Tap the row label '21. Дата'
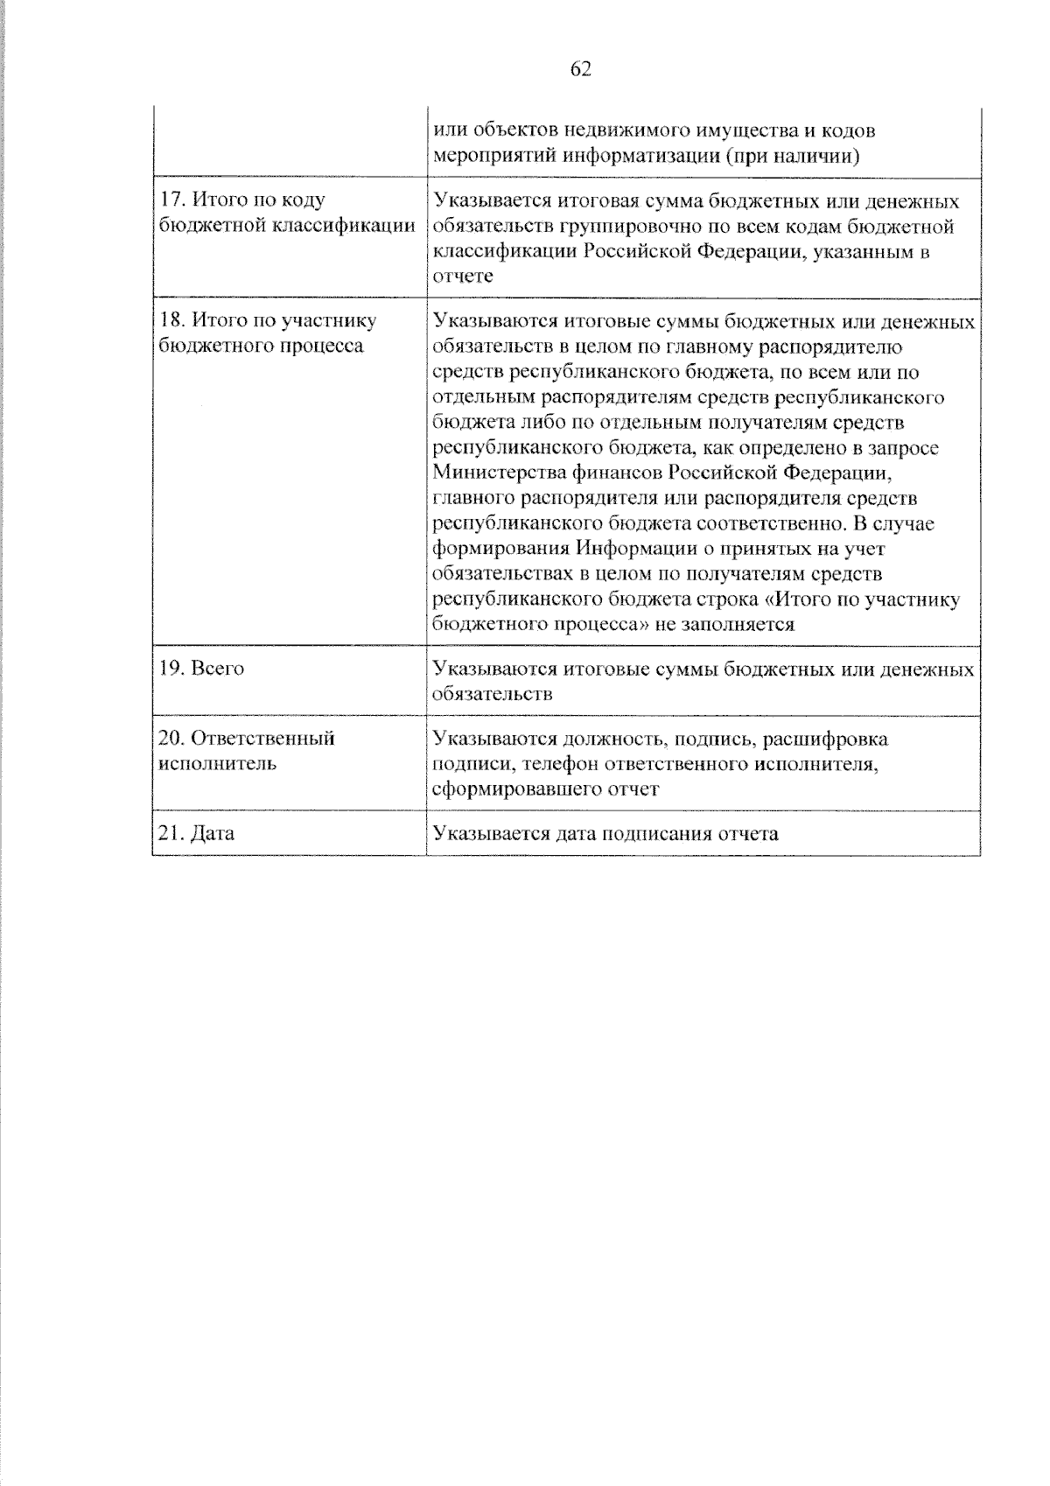(x=197, y=833)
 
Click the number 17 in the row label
(x=169, y=200)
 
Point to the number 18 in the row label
(x=169, y=320)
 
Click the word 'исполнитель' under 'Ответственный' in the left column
(x=218, y=763)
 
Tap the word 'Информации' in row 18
(x=627, y=549)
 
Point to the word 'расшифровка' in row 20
(x=825, y=739)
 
